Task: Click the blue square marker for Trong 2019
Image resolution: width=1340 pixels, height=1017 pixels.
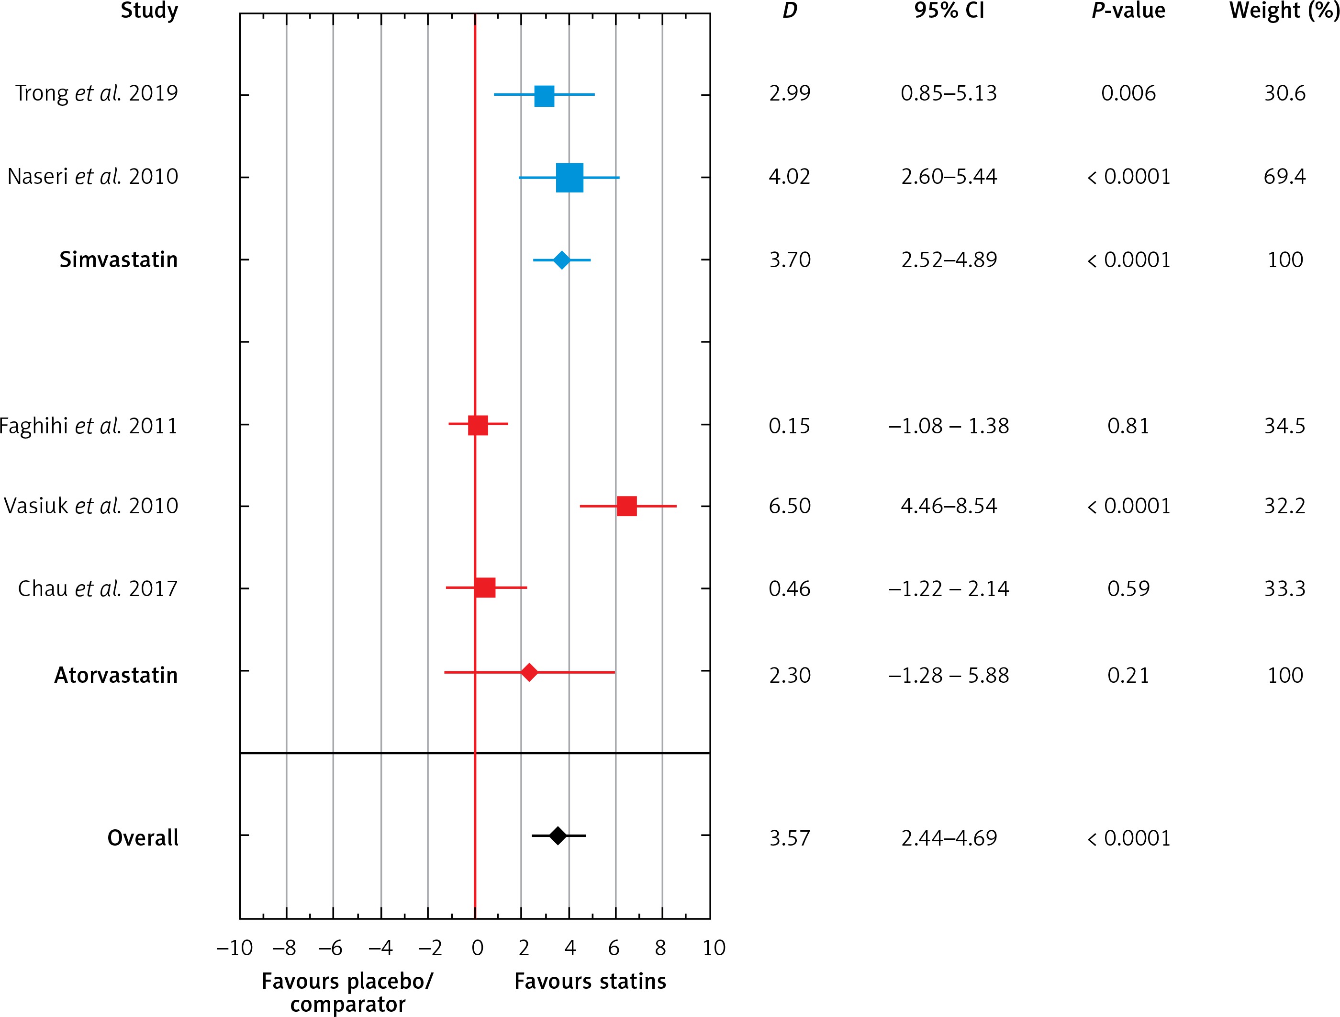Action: (x=544, y=96)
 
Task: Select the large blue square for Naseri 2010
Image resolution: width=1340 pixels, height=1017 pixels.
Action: (x=569, y=178)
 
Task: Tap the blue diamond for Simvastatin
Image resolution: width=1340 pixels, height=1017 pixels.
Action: (x=561, y=260)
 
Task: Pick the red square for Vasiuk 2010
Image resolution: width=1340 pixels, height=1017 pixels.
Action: (x=626, y=506)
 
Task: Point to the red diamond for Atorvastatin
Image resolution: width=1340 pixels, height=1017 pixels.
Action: (x=529, y=672)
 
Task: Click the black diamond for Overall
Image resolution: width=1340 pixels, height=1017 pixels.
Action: (x=558, y=836)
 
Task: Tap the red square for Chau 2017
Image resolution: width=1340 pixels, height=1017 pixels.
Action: (x=485, y=588)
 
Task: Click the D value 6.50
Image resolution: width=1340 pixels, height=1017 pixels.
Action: (x=789, y=506)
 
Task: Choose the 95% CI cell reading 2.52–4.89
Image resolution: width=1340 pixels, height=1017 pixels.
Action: (x=949, y=260)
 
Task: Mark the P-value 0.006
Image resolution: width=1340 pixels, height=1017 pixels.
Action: (x=1128, y=93)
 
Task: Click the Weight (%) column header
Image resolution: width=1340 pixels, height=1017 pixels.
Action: (x=1284, y=11)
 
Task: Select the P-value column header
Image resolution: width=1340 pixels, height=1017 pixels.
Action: (x=1128, y=11)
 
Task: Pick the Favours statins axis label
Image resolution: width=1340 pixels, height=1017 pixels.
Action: (x=590, y=981)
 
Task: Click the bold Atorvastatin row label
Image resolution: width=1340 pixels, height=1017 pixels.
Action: (x=116, y=675)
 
